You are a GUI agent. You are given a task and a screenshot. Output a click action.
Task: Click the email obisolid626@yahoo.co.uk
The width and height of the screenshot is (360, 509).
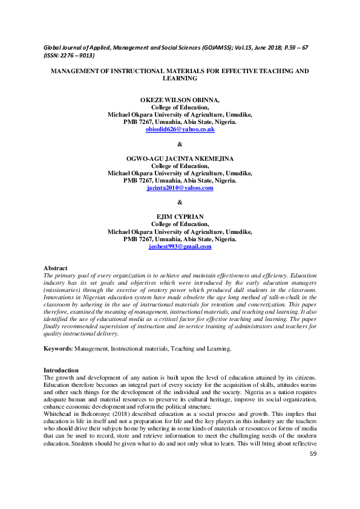180,130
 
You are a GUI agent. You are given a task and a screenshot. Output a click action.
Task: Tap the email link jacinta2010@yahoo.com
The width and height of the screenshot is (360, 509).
180,188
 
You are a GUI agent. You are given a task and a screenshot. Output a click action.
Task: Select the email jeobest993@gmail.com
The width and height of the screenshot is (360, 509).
180,246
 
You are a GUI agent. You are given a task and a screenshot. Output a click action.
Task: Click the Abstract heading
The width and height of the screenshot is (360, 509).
56,268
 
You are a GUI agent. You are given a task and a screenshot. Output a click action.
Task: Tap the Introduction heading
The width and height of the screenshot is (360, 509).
61,369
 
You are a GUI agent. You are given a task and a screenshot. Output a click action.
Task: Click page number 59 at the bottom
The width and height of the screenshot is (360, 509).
313,470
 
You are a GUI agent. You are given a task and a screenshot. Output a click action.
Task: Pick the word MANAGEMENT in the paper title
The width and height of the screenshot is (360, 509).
78,71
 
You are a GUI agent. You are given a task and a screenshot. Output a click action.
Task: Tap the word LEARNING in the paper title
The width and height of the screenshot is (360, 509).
180,79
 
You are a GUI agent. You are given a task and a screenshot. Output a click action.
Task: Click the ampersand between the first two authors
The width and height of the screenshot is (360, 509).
180,143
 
